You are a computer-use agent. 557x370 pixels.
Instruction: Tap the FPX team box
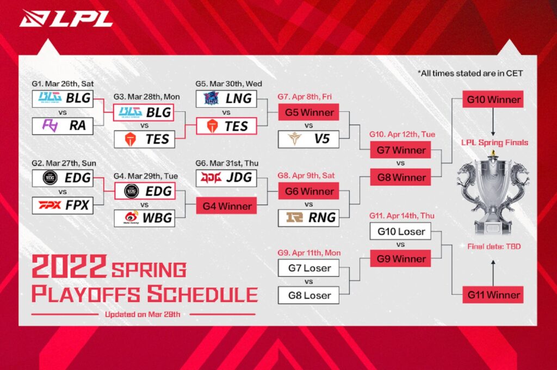(61, 206)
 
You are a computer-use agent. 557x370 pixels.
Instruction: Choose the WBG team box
(143, 218)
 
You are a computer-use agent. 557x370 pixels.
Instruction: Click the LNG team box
(226, 98)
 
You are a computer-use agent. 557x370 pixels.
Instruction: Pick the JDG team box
(226, 178)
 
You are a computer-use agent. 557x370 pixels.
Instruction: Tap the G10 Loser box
(400, 231)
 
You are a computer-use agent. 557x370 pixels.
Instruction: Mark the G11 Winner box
(493, 295)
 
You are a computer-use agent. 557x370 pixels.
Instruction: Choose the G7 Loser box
(308, 268)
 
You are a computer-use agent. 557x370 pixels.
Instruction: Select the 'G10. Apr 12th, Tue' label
(400, 134)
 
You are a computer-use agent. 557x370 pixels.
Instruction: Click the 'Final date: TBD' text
(494, 246)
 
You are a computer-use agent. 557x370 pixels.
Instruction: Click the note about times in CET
(477, 73)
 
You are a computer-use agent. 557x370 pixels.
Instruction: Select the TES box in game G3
(143, 139)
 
